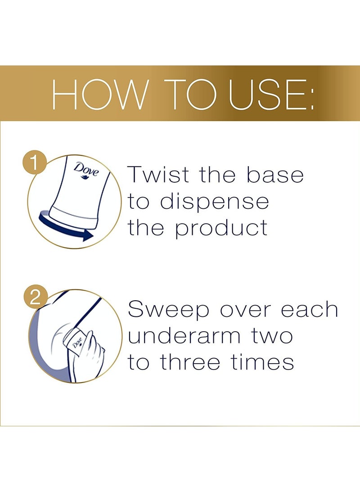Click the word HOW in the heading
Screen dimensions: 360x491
tap(99, 94)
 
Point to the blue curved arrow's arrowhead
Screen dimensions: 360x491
tap(88, 235)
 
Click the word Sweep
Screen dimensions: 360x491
tap(168, 310)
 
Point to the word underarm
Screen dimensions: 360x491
tap(184, 336)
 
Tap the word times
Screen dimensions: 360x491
tap(262, 362)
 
